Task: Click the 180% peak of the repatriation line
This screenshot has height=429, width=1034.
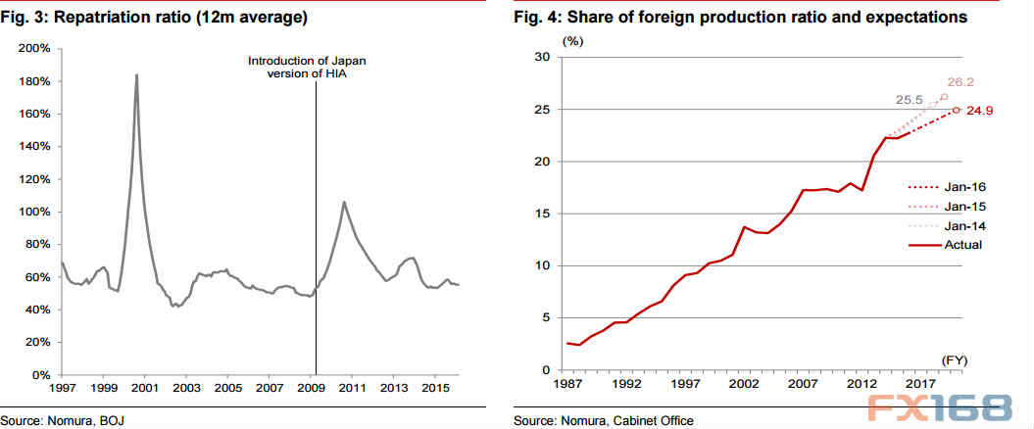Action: pyautogui.click(x=136, y=75)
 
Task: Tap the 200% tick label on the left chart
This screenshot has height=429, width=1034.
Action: pyautogui.click(x=35, y=48)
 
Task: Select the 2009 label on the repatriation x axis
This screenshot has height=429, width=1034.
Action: pyautogui.click(x=311, y=389)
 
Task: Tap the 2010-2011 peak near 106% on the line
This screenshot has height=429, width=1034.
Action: pyautogui.click(x=344, y=202)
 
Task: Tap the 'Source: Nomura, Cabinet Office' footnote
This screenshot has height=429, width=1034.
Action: pyautogui.click(x=602, y=421)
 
